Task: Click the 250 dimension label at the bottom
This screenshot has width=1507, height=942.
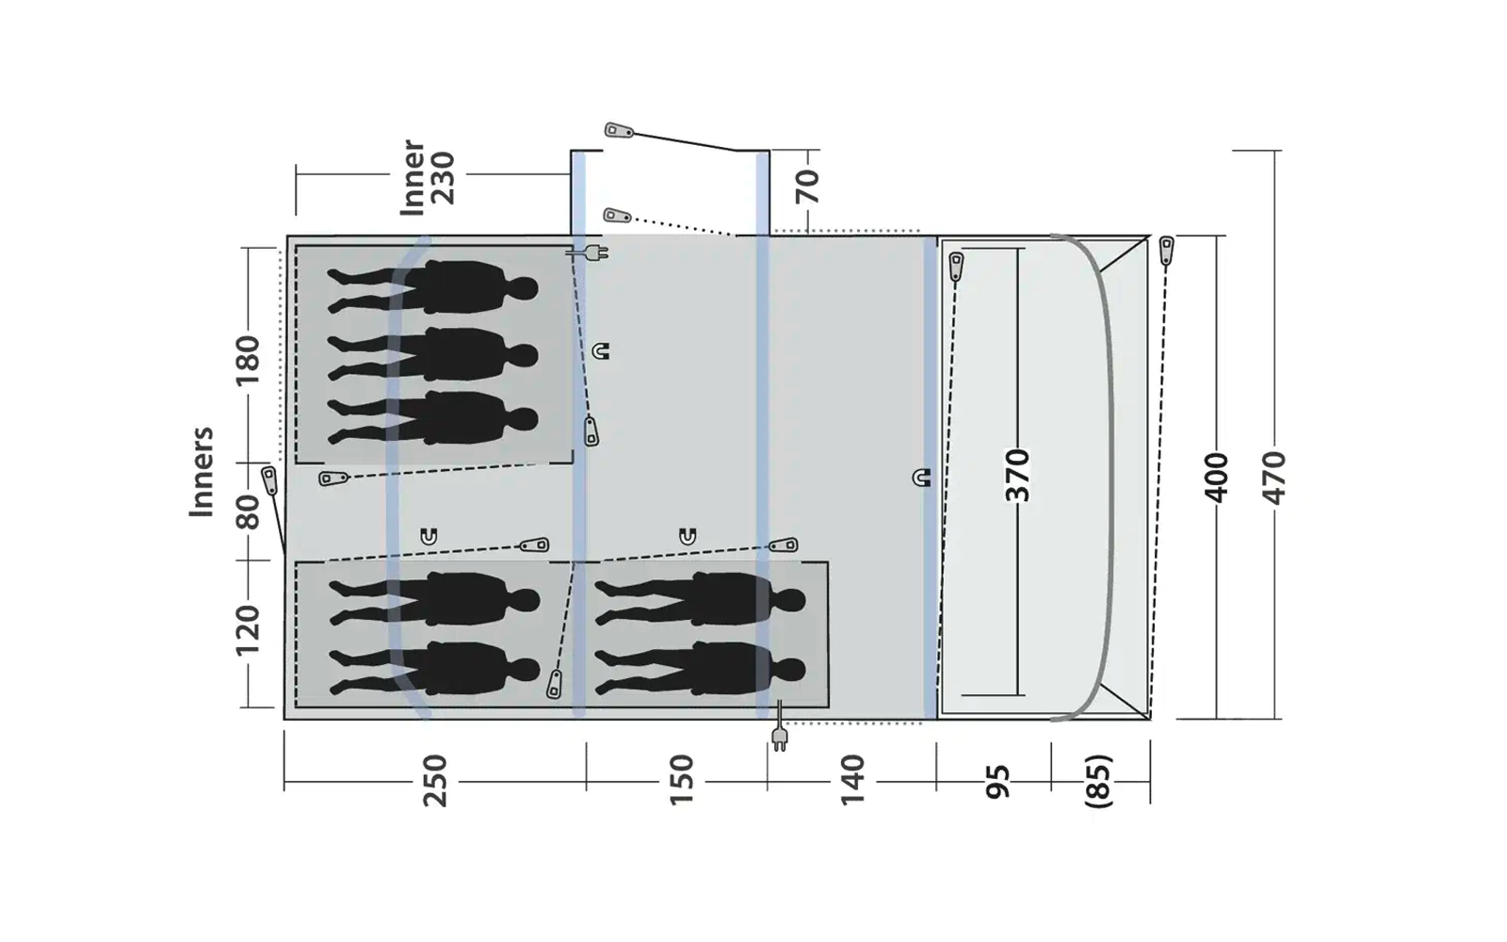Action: (434, 780)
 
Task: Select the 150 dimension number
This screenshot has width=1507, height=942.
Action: (680, 780)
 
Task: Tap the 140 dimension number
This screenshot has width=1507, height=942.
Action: (852, 780)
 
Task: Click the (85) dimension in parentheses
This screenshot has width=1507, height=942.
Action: (1098, 780)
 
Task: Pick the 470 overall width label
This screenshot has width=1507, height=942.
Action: (1272, 478)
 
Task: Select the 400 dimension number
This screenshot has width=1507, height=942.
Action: (1217, 478)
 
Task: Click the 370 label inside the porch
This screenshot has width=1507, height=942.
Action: (1017, 476)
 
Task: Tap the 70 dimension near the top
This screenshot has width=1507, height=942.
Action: (807, 187)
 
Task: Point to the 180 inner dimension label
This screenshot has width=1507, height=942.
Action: (247, 360)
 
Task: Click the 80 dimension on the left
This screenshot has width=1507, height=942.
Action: (247, 512)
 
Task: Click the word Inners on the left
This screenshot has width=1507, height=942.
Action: (202, 472)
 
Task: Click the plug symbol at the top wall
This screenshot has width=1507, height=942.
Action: (593, 252)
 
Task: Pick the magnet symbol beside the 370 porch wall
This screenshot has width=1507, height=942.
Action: (921, 478)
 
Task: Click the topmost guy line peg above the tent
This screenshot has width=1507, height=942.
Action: (619, 130)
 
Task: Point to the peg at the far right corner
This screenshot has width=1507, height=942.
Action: (1166, 250)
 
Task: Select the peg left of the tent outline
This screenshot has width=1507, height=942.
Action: (270, 479)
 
